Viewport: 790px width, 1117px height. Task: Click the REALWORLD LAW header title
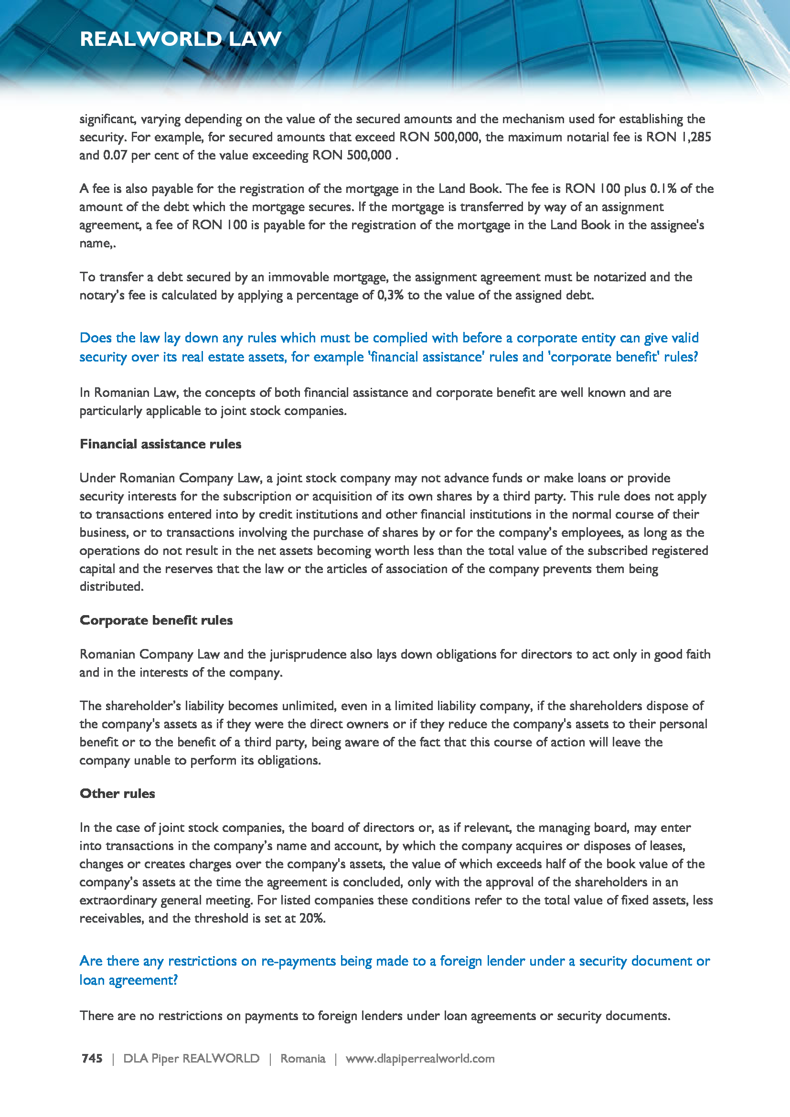181,39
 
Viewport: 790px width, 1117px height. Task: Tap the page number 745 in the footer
92,1059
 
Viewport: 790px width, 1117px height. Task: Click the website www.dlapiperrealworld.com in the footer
420,1059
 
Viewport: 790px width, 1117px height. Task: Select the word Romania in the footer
302,1059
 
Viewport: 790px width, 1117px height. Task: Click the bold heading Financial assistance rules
160,444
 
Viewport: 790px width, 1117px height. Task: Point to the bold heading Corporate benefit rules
156,620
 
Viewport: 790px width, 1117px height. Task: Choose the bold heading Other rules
117,794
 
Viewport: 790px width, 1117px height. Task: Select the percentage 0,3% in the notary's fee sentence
390,295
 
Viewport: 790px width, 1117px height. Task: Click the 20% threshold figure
312,918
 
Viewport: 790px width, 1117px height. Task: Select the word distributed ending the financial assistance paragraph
111,587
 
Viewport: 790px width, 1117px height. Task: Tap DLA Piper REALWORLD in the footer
191,1059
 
